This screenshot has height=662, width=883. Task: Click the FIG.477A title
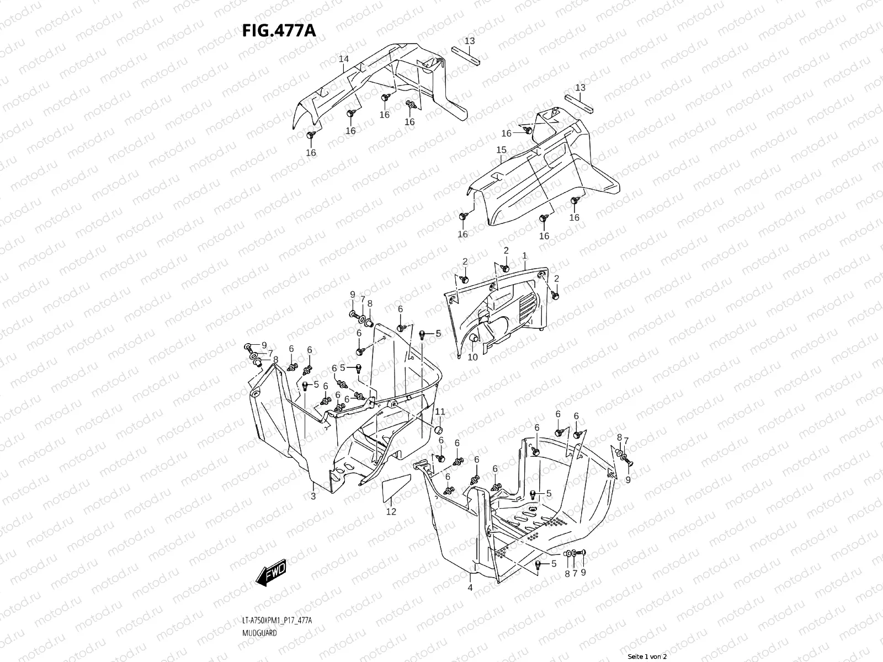point(279,30)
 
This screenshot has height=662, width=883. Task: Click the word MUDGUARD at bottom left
point(259,633)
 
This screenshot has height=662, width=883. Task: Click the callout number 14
point(343,59)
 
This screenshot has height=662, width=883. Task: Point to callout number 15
point(501,150)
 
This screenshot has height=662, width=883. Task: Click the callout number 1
point(524,256)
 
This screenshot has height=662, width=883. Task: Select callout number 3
point(313,496)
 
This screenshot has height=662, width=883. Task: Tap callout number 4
point(470,588)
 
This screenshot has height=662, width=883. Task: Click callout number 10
point(472,357)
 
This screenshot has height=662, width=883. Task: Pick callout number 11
point(440,412)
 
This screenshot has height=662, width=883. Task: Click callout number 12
point(391,511)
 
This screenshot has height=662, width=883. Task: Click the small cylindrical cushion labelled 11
point(439,430)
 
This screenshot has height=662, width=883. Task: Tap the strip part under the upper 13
point(467,56)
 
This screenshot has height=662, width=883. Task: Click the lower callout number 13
point(580,88)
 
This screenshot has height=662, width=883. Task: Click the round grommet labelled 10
point(473,339)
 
